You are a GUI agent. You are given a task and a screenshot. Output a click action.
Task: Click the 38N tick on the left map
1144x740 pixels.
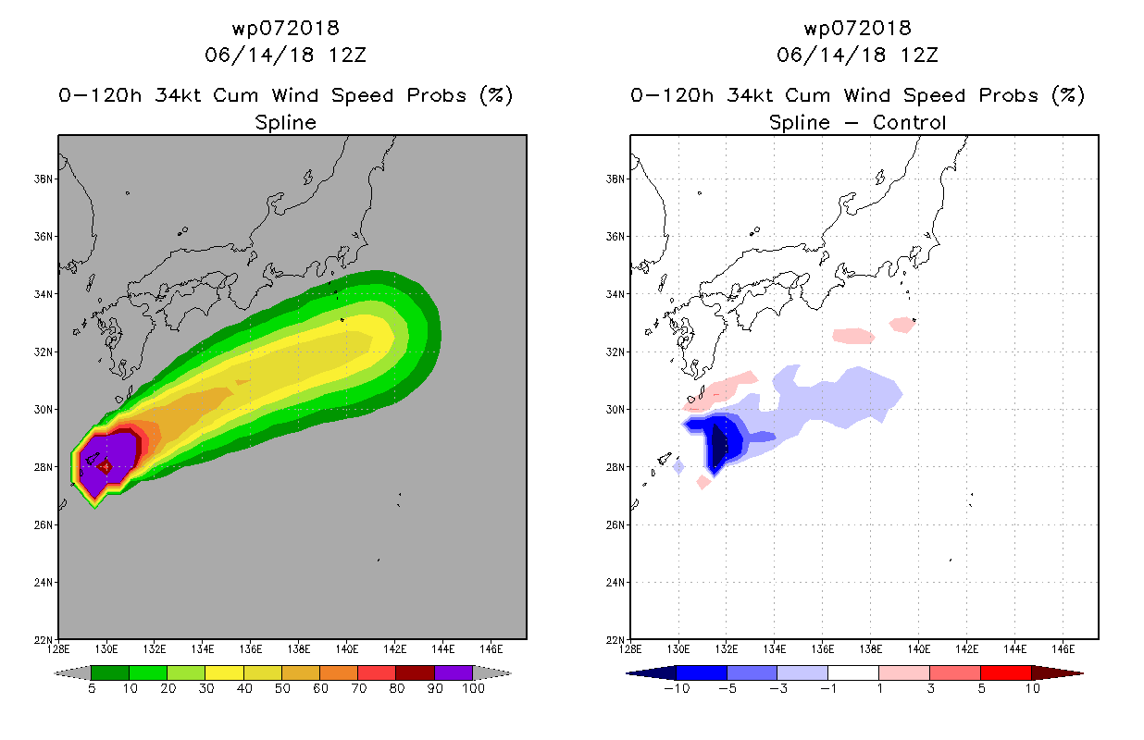pyautogui.click(x=43, y=179)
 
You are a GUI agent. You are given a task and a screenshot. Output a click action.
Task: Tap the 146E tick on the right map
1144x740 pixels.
pyautogui.click(x=1063, y=649)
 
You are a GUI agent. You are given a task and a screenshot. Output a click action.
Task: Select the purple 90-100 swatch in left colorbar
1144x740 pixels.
pyautogui.click(x=454, y=672)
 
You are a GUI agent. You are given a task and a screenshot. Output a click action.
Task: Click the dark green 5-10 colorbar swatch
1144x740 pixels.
pyautogui.click(x=110, y=672)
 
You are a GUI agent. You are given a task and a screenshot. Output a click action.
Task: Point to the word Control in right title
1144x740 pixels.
pyautogui.click(x=909, y=122)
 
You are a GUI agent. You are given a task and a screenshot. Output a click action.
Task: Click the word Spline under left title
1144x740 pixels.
pyautogui.click(x=285, y=123)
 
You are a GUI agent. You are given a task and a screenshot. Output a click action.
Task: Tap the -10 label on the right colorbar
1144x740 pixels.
pyautogui.click(x=677, y=688)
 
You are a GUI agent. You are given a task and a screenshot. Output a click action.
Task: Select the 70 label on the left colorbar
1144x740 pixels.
pyautogui.click(x=358, y=688)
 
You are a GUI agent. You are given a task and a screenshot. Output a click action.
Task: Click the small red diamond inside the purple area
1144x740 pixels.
pyautogui.click(x=106, y=466)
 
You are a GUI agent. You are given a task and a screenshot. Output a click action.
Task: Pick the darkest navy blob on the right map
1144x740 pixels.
pyautogui.click(x=719, y=445)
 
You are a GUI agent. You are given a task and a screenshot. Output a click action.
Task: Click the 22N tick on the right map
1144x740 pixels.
pyautogui.click(x=615, y=640)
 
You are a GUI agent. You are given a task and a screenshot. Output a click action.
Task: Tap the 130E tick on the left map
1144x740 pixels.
pyautogui.click(x=106, y=649)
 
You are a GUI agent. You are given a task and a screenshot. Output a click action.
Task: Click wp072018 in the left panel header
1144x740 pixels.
pyautogui.click(x=285, y=28)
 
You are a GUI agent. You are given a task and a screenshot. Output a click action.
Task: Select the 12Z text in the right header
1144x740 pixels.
pyautogui.click(x=919, y=55)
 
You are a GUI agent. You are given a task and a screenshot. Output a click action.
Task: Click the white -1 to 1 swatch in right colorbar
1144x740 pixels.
pyautogui.click(x=852, y=672)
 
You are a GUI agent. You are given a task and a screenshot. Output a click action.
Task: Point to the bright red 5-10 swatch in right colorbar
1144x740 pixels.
pyautogui.click(x=1006, y=672)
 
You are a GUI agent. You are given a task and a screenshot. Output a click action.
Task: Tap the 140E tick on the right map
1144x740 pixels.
pyautogui.click(x=918, y=649)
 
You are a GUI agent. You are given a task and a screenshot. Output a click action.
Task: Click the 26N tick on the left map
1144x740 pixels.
pyautogui.click(x=43, y=524)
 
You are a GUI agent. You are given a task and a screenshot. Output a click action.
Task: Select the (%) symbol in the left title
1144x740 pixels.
pyautogui.click(x=496, y=95)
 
